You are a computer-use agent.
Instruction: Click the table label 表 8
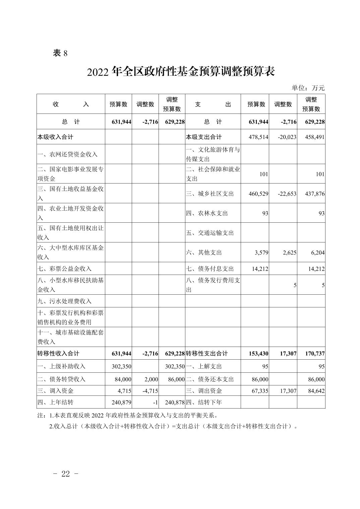click(60, 53)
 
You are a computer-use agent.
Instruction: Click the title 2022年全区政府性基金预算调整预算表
click(181, 72)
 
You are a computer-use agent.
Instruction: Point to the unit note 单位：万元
click(308, 88)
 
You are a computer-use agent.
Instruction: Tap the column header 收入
click(71, 104)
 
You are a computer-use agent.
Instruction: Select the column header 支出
click(213, 104)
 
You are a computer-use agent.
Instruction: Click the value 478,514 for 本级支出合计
click(258, 137)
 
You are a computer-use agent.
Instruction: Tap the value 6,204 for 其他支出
click(316, 252)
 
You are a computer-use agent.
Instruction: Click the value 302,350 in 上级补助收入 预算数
click(121, 366)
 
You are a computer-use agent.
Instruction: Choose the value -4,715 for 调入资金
click(150, 391)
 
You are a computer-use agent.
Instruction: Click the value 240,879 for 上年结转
click(121, 402)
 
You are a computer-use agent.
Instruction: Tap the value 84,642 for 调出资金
click(316, 391)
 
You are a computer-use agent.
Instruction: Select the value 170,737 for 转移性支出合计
click(315, 353)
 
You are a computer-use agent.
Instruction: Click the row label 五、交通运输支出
click(210, 233)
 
